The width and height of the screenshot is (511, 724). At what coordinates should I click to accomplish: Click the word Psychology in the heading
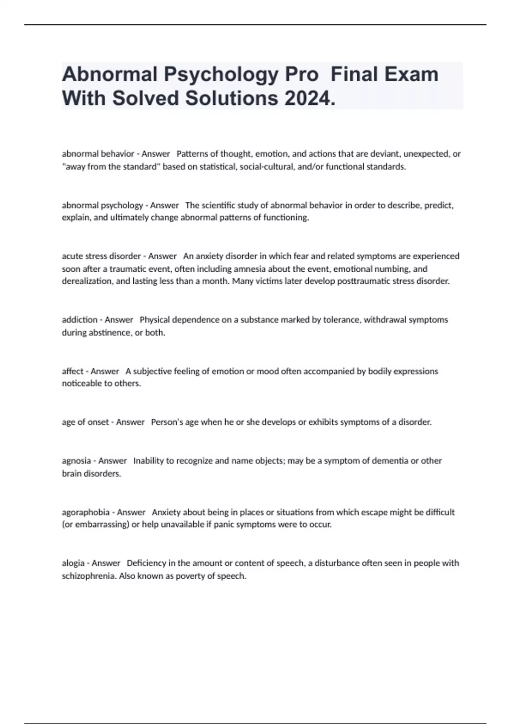pyautogui.click(x=221, y=75)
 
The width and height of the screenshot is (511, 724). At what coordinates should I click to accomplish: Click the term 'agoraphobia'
pyautogui.click(x=86, y=512)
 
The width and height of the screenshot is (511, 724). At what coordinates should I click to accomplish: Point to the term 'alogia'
pyautogui.click(x=74, y=563)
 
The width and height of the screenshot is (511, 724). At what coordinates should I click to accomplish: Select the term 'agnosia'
pyautogui.click(x=76, y=461)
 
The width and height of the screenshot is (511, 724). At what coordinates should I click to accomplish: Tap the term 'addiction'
pyautogui.click(x=80, y=320)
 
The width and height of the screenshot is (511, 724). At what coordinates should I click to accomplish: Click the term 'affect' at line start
pyautogui.click(x=72, y=371)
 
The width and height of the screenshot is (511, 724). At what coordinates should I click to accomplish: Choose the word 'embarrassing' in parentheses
pyautogui.click(x=102, y=525)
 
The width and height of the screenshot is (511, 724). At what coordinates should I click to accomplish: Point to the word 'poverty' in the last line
pyautogui.click(x=190, y=576)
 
